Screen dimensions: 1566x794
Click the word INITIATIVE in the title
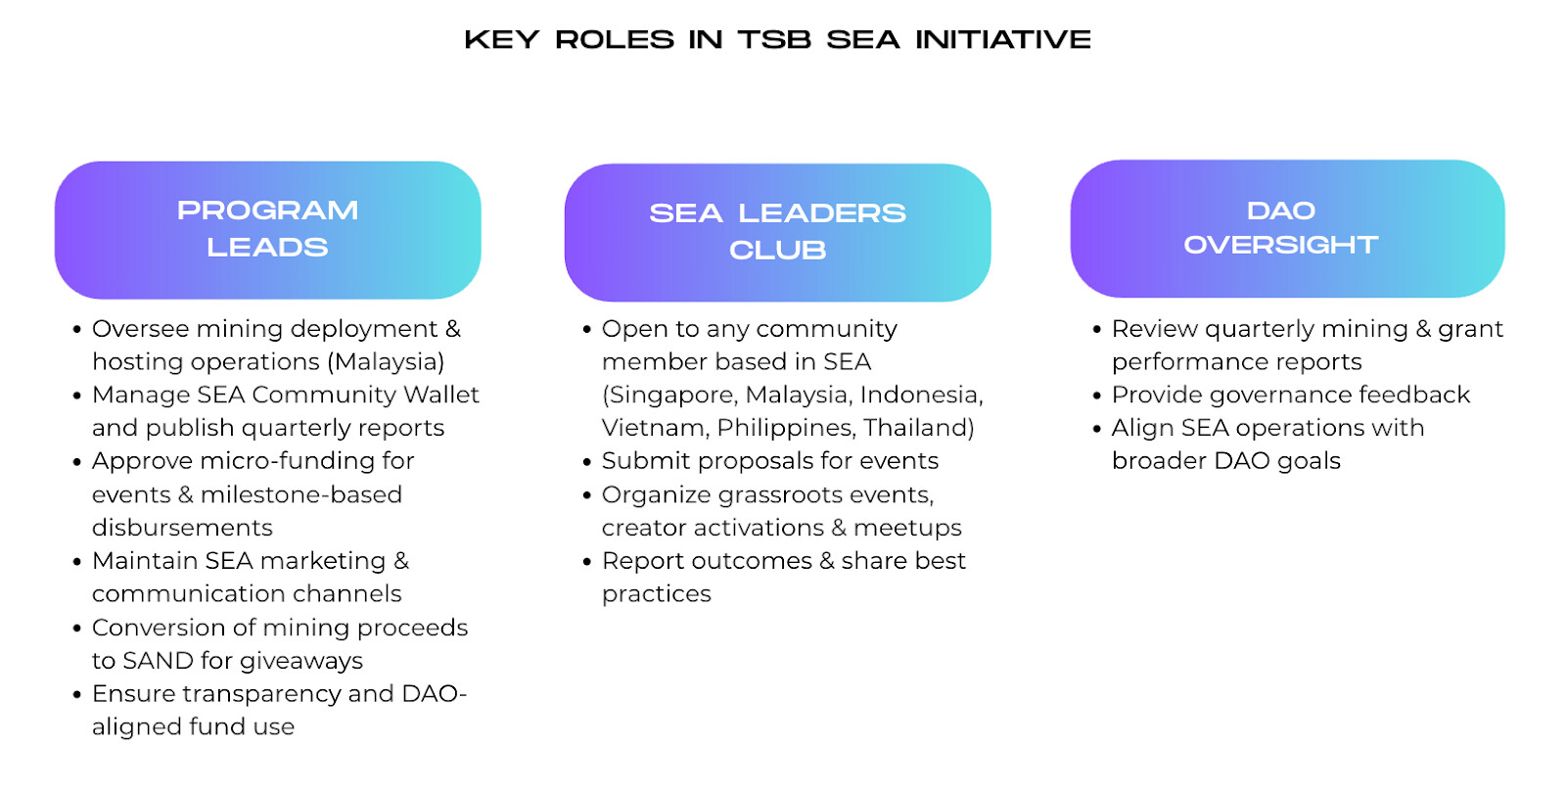[1003, 39]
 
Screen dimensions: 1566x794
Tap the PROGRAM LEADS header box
[268, 230]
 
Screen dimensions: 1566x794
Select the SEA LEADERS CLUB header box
[777, 232]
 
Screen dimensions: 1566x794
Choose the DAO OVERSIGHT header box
[1287, 229]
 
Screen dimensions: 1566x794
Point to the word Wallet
[441, 395]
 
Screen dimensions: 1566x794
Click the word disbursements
[182, 528]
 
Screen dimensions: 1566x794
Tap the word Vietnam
[655, 428]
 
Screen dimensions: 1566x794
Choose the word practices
[656, 594]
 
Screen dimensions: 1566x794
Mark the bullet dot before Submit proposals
[586, 462]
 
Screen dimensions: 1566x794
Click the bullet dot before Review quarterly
[1096, 329]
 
